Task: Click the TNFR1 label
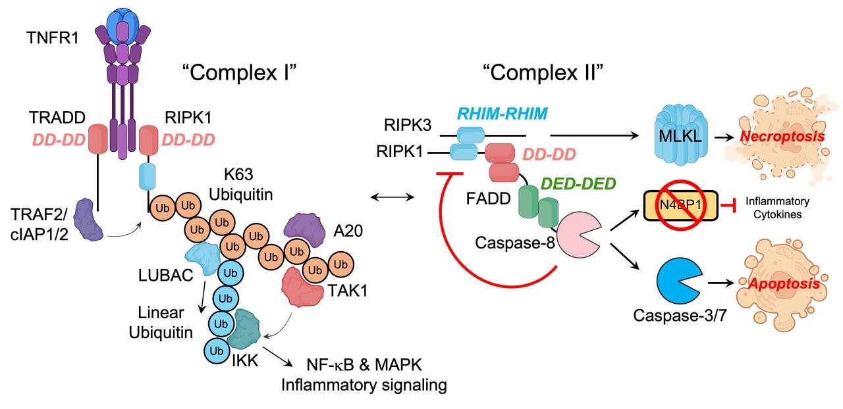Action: coord(53,38)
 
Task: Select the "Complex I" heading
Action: coord(239,72)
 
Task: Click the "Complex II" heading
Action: coord(543,72)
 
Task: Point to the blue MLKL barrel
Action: coord(681,135)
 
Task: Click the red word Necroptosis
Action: coord(782,136)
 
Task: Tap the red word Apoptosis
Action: coord(784,283)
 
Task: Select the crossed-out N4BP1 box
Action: coord(681,205)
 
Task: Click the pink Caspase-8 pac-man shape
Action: coord(578,235)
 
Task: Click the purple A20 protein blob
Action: coord(304,229)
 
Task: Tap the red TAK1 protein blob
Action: coord(302,287)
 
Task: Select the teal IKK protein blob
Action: coord(244,329)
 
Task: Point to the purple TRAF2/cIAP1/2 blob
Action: coord(88,220)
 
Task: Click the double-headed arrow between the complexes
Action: coord(392,197)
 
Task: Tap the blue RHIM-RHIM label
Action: coord(503,114)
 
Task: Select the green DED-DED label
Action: coord(578,183)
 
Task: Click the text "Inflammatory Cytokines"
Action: coord(778,208)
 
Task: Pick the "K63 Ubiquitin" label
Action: coord(240,185)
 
